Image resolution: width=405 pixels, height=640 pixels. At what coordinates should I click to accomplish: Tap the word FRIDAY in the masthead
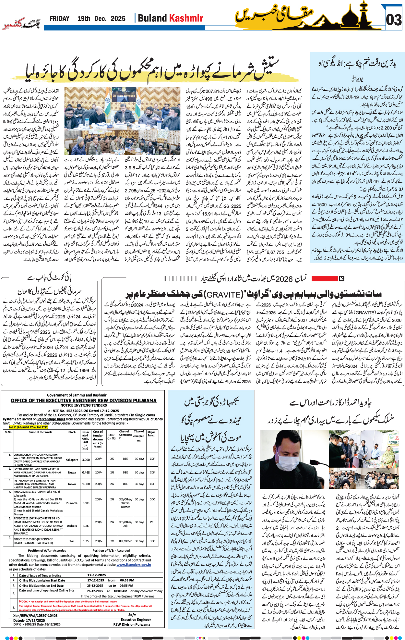(x=59, y=18)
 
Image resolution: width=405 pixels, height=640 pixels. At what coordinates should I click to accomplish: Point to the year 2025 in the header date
(x=118, y=18)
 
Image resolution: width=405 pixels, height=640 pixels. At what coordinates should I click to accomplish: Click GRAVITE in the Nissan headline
(x=224, y=294)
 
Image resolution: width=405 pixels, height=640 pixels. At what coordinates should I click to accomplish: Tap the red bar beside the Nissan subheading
(x=324, y=278)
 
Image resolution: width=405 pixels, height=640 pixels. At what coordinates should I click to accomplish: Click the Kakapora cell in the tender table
(x=72, y=460)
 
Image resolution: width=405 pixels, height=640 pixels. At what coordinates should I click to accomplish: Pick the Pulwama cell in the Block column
(x=72, y=503)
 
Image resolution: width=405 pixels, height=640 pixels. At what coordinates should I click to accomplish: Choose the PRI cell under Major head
(x=152, y=522)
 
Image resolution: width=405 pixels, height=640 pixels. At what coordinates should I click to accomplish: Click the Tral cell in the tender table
(x=72, y=541)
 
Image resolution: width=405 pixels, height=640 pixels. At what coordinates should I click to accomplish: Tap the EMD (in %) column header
(x=112, y=436)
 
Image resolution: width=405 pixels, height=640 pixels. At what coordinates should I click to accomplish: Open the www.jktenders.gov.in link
(x=134, y=565)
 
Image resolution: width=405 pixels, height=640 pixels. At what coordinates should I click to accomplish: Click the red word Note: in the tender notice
(x=24, y=601)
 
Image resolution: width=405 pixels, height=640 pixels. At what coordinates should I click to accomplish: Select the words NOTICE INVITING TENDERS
(x=84, y=405)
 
